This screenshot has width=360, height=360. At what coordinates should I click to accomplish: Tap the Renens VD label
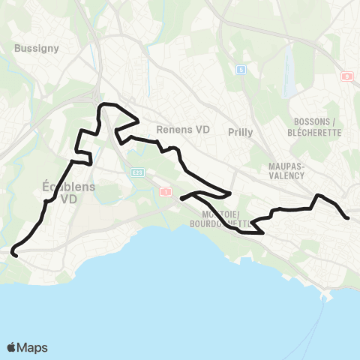pyautogui.click(x=183, y=129)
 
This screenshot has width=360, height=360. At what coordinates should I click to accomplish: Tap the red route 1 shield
pyautogui.click(x=163, y=192)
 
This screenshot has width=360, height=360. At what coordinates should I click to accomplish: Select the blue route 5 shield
pyautogui.click(x=241, y=70)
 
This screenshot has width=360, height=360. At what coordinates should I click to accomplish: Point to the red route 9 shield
pyautogui.click(x=346, y=76)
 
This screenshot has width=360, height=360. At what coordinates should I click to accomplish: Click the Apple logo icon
pyautogui.click(x=12, y=347)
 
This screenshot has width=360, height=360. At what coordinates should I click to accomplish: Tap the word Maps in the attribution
pyautogui.click(x=32, y=347)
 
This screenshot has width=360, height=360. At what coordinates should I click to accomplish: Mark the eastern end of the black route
pyautogui.click(x=348, y=217)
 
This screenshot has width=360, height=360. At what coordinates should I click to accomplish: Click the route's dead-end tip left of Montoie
pyautogui.click(x=182, y=199)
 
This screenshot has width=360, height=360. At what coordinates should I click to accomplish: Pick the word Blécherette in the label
pyautogui.click(x=316, y=132)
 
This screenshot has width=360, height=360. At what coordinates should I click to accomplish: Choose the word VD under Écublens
pyautogui.click(x=69, y=199)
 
